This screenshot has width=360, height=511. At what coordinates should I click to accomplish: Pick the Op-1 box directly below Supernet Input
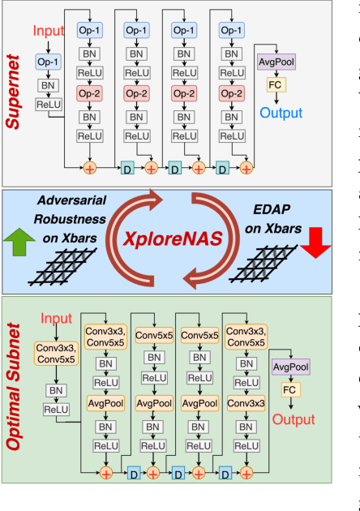(x=46, y=62)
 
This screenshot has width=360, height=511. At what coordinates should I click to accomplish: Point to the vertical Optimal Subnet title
(x=15, y=410)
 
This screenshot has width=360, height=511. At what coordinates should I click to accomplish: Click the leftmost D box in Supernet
(x=126, y=168)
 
